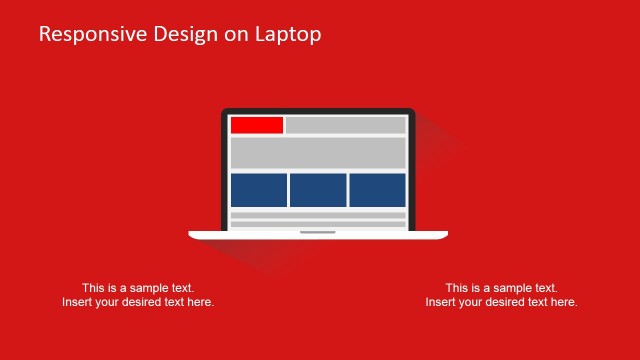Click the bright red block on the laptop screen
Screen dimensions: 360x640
tap(257, 125)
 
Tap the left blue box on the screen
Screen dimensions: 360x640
tap(259, 190)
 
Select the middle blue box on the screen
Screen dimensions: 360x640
tap(318, 190)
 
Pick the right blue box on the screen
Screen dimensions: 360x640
tap(377, 190)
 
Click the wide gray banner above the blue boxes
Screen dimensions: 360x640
tap(318, 153)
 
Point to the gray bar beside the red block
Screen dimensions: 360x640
tap(345, 125)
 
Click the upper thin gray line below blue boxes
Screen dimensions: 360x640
tap(318, 215)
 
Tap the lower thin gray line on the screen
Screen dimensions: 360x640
tap(318, 224)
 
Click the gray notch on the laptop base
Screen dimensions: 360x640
tap(318, 233)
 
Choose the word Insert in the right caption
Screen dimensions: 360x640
tap(441, 302)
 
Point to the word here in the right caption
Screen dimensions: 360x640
tap(563, 302)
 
